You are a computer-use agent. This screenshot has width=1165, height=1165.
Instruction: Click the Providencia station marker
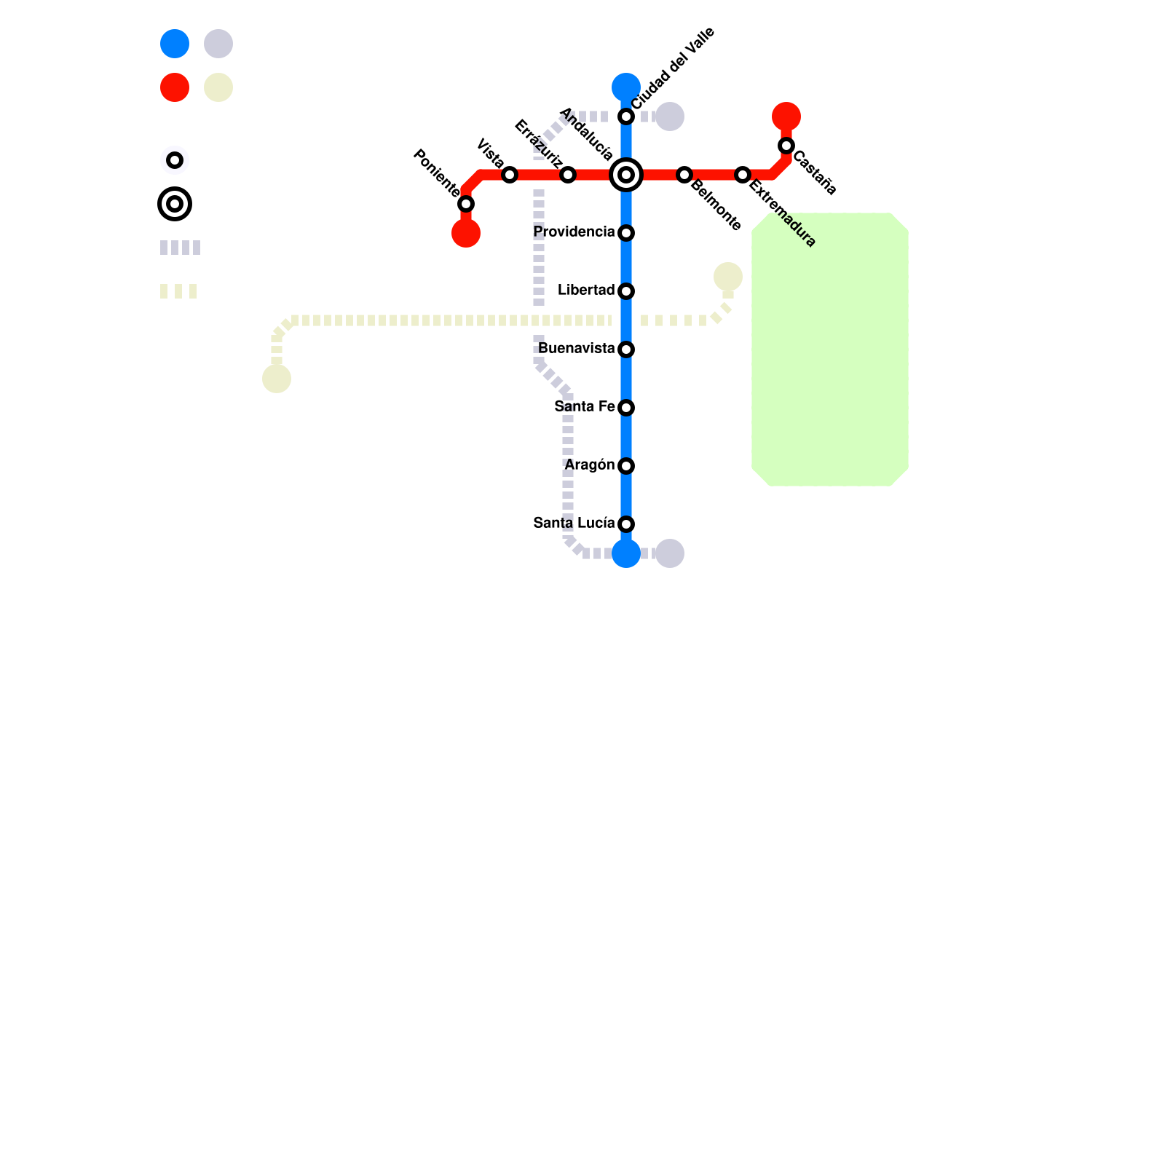tap(626, 233)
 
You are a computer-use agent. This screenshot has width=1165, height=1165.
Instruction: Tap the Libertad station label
tap(586, 291)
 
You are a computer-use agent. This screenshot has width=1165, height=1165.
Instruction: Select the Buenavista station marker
tap(626, 349)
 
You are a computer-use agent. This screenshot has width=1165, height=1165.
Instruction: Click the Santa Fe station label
tap(584, 407)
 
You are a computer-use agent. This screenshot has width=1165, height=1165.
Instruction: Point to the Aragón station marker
tap(626, 466)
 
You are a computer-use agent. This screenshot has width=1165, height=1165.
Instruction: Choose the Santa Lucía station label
tap(574, 524)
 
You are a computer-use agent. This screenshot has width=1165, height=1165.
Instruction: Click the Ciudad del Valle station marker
tap(626, 116)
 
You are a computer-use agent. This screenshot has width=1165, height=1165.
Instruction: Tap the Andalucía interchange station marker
tap(626, 175)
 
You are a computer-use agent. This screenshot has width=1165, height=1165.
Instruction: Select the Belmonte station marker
tap(684, 175)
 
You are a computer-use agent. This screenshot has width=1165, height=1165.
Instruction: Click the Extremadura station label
tap(782, 213)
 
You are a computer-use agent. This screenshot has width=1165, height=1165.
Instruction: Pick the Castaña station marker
tap(786, 146)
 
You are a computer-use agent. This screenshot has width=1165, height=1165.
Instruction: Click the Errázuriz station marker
tap(568, 175)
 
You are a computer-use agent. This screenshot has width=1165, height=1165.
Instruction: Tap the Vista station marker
tap(510, 175)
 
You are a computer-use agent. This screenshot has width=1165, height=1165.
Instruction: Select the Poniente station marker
tap(466, 204)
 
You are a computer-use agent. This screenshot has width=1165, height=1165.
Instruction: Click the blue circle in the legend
tap(175, 44)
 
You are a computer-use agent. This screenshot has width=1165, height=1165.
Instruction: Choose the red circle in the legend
tap(175, 87)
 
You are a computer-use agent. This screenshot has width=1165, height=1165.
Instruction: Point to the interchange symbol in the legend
tap(175, 204)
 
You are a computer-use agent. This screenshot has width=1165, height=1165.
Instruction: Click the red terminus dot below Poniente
tap(466, 233)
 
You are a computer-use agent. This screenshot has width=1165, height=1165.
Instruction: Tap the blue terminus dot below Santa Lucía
tap(626, 553)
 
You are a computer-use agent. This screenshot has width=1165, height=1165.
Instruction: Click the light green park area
tap(830, 349)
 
